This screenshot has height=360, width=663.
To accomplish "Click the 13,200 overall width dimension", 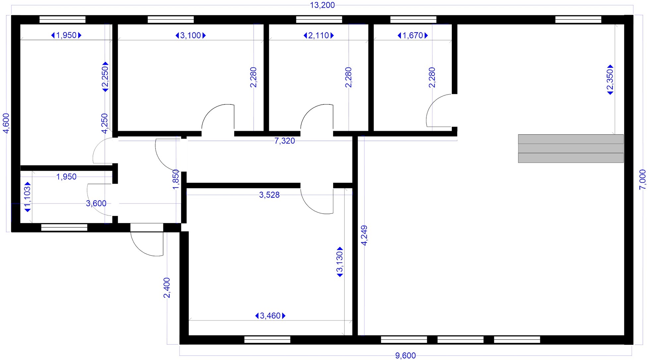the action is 322,5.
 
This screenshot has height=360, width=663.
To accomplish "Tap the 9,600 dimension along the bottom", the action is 405,356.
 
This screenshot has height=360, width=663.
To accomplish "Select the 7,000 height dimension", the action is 642,179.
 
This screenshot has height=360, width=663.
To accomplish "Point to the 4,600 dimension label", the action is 6,123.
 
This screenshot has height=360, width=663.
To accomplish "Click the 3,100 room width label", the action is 191,35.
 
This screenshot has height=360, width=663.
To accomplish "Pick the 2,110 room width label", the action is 319,35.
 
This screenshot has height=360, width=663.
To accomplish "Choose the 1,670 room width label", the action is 413,35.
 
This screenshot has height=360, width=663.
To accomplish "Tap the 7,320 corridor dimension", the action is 284,141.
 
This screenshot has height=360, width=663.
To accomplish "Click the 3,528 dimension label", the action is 269,195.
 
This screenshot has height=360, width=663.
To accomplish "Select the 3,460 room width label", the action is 270,316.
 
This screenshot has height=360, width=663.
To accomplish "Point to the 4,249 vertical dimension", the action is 364,235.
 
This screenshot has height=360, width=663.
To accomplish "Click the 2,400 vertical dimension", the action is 167,288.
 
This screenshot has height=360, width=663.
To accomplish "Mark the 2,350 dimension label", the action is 610,80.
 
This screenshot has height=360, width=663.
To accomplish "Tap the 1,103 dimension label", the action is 28,197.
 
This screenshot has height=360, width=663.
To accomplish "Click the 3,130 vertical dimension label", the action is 340,262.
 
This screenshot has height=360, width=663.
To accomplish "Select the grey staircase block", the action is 571,149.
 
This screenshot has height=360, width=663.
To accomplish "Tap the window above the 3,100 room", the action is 171,20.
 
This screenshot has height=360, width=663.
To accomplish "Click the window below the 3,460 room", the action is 267,340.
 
